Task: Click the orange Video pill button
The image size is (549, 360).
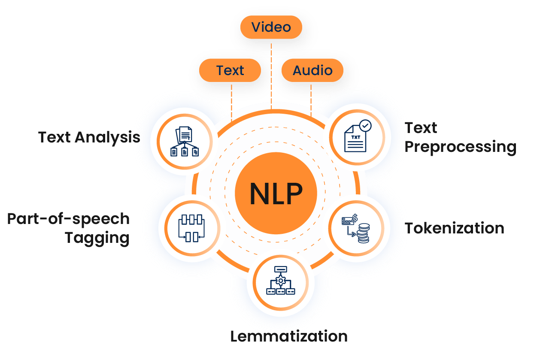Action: coord(271,27)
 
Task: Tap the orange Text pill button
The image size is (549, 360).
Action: coord(230,70)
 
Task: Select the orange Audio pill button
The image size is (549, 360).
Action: coord(312,70)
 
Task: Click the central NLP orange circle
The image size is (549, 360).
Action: coord(276,194)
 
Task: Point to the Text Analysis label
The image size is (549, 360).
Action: coord(89,137)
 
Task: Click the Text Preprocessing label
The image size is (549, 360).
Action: coord(460,137)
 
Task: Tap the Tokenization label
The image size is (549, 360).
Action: coord(455,228)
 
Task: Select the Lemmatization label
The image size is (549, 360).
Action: coord(288,336)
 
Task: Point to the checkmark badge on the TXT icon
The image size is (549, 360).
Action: coord(366,125)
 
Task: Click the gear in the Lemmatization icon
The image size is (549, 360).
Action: coord(281,280)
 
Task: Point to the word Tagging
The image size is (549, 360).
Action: coord(97,238)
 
